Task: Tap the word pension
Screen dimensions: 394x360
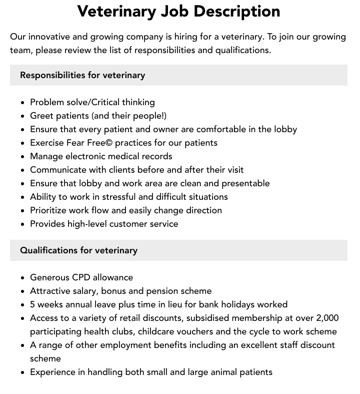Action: tap(163, 291)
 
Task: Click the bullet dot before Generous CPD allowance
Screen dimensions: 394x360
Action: tap(23, 278)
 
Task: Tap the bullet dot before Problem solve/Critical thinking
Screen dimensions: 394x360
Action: tap(23, 103)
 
